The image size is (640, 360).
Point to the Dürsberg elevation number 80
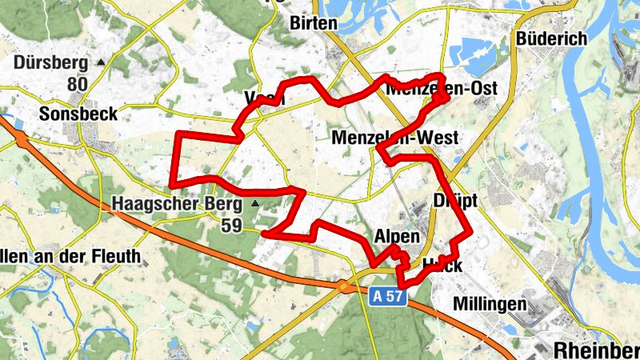pyautogui.click(x=78, y=84)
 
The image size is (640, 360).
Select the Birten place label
pyautogui.click(x=314, y=22)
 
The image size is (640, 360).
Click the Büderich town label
pyautogui.click(x=552, y=38)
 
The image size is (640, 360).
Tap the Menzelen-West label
pyautogui.click(x=395, y=138)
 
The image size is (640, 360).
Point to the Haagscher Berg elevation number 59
pyautogui.click(x=231, y=226)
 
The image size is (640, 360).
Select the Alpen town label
pyautogui.click(x=396, y=238)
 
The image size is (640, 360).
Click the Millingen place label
pyautogui.click(x=490, y=304)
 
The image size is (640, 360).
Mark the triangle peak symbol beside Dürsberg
pyautogui.click(x=101, y=62)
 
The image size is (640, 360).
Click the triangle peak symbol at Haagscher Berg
pyautogui.click(x=255, y=204)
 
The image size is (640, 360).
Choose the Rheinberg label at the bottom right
pyautogui.click(x=596, y=349)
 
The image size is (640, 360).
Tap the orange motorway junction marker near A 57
pyautogui.click(x=343, y=286)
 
